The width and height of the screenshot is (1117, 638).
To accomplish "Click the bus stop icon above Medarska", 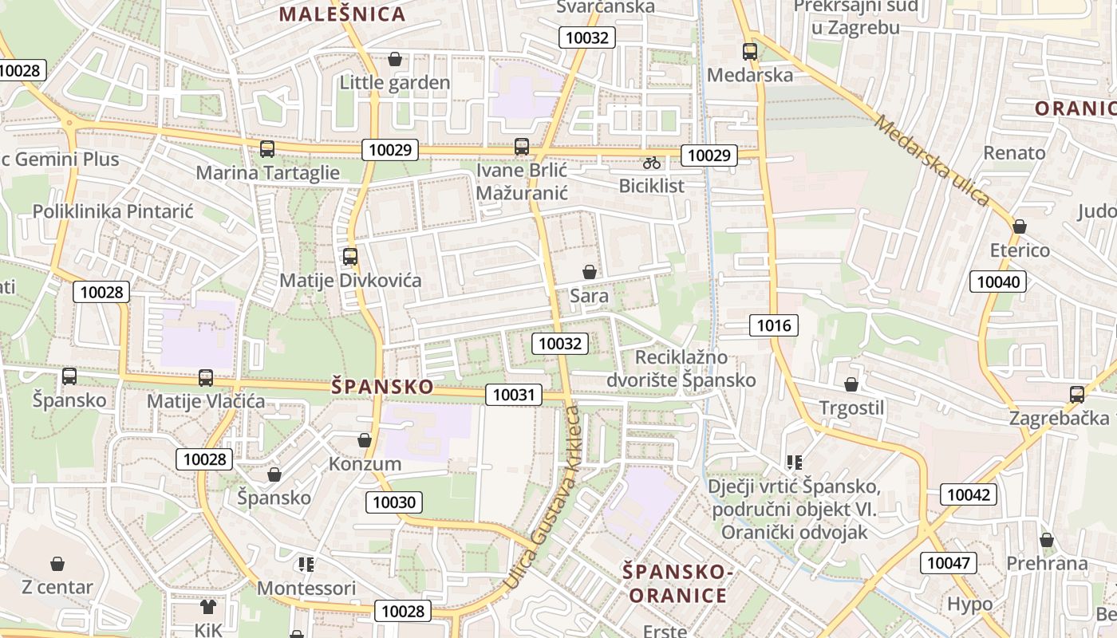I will [x=749, y=52].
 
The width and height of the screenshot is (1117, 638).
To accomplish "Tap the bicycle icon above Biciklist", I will [x=652, y=163].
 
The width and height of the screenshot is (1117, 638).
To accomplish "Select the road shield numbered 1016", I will [x=773, y=325].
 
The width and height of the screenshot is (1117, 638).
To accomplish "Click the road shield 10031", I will [x=514, y=394].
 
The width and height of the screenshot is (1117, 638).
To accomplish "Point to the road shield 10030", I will [x=394, y=502].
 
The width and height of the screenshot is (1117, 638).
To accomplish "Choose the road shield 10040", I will [x=998, y=281].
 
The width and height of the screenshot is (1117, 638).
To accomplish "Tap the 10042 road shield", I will [x=969, y=494].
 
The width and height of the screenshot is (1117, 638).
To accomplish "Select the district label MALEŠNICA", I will [x=342, y=14].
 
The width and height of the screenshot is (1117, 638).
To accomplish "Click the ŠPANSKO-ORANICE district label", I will [x=677, y=583].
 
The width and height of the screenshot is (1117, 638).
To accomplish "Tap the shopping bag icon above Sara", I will [x=589, y=272].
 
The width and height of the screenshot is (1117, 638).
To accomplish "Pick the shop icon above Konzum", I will [x=365, y=440].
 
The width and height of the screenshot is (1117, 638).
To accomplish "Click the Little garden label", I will [x=395, y=82].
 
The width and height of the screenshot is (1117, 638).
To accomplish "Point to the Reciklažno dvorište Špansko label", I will [x=681, y=368].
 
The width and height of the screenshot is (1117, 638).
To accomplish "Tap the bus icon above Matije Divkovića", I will [x=349, y=257].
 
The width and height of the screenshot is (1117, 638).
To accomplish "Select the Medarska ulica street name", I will [x=931, y=160].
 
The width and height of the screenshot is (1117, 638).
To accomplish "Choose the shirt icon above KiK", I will [x=208, y=607].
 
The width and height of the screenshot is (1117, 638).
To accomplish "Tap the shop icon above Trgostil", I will [x=851, y=384].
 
